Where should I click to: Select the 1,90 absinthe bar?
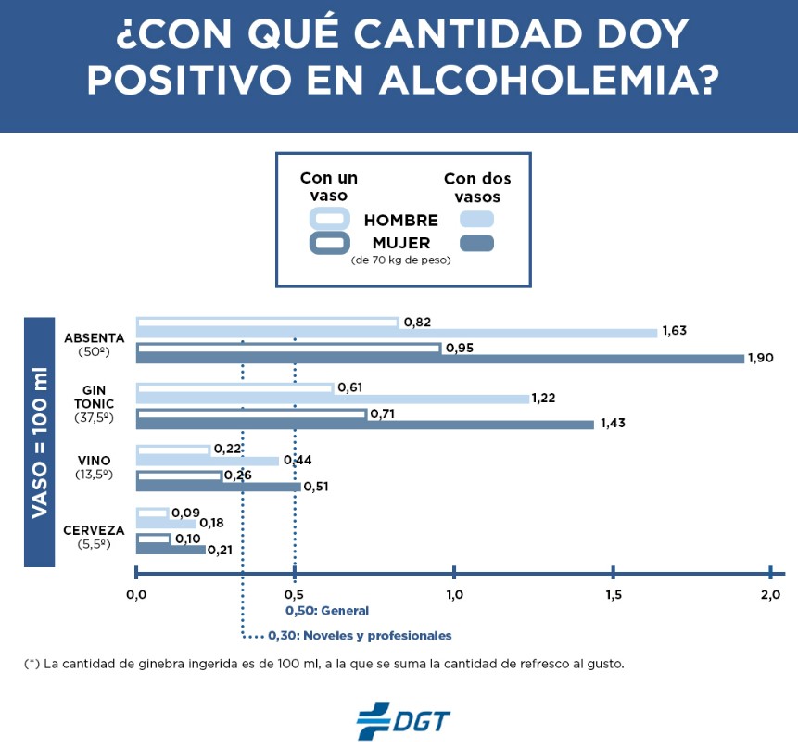click(x=440, y=359)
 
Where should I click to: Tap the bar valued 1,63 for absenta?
click(x=397, y=333)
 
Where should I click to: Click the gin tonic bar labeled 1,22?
click(x=333, y=399)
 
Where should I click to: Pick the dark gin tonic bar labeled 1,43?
click(x=365, y=425)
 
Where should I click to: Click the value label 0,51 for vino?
click(x=317, y=487)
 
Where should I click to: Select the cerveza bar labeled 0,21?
click(x=171, y=550)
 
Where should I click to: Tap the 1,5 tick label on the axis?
click(x=612, y=594)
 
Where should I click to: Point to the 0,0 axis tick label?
click(x=136, y=594)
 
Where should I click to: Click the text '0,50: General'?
click(x=326, y=611)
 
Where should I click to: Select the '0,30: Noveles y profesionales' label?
click(x=360, y=636)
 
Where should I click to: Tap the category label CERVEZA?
click(x=94, y=531)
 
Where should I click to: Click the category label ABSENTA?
click(x=94, y=337)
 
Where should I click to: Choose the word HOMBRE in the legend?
click(x=400, y=221)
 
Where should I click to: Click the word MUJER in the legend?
click(x=400, y=244)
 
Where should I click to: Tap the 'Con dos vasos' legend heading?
click(x=476, y=188)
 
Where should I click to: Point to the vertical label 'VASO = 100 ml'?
click(x=40, y=441)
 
